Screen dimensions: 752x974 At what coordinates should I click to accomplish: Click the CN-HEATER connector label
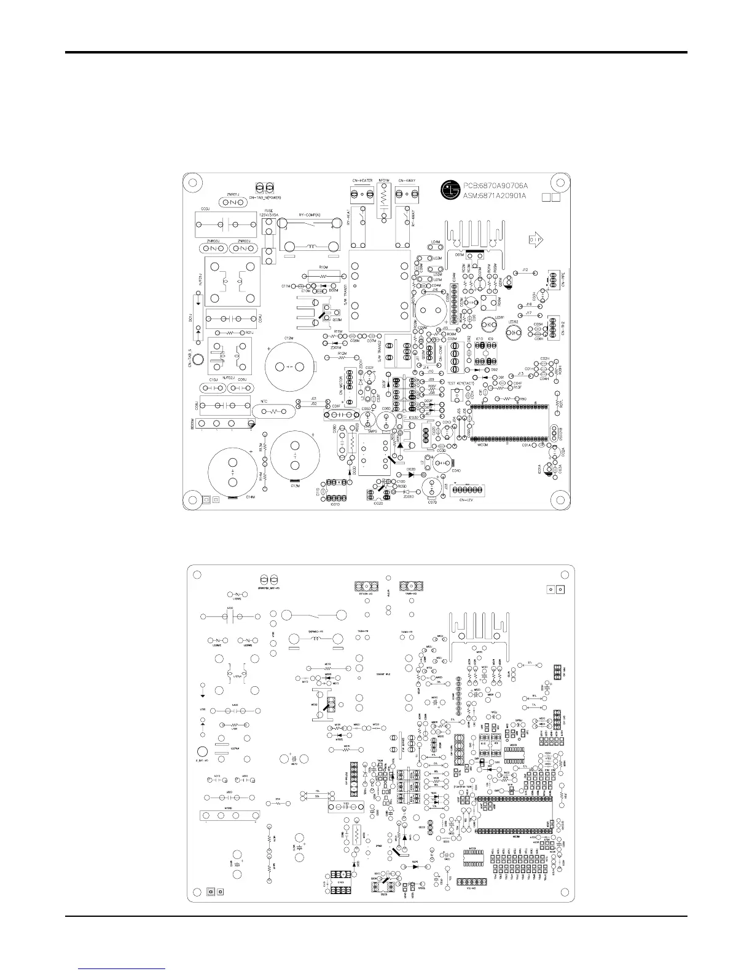click(x=364, y=180)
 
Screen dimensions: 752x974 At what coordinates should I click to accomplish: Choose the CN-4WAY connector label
click(x=407, y=180)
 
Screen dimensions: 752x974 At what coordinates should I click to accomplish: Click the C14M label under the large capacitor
click(x=250, y=497)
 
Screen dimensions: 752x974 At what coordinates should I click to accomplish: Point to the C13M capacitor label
click(x=295, y=485)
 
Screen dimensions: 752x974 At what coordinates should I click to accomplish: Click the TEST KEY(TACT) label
click(x=460, y=383)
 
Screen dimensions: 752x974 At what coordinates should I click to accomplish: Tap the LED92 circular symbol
click(x=512, y=331)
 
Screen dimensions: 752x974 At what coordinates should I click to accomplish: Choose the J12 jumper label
click(x=525, y=269)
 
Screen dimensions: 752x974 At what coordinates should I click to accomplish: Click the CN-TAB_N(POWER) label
click(x=267, y=197)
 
